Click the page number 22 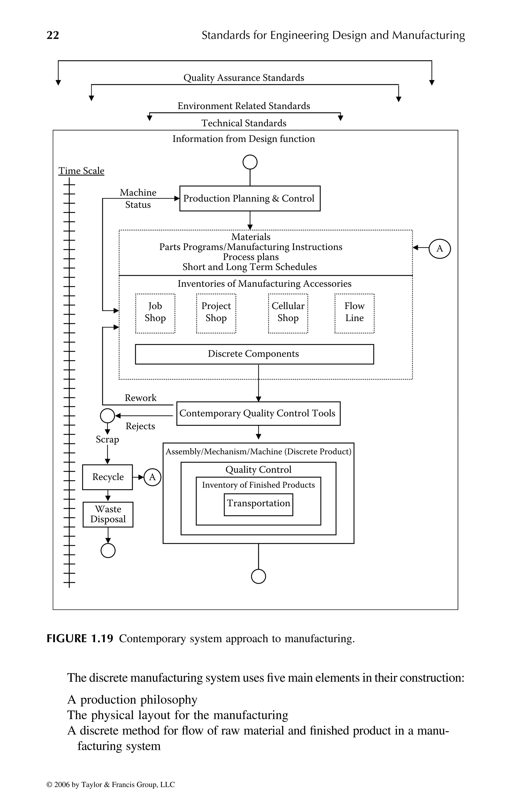coord(53,35)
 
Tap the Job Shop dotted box coord(155,313)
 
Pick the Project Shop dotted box coord(216,313)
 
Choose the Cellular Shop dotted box coord(288,313)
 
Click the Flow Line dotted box coord(354,313)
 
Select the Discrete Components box coord(254,354)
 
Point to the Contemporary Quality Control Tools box coord(258,413)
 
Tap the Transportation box coord(258,504)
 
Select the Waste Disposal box coord(108,514)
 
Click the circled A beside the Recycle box coord(152,477)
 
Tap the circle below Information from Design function coord(250,162)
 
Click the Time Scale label coord(81,171)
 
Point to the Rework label coord(140,398)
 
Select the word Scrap coord(107,439)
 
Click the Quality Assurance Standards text coord(244,78)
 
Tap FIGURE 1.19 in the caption coord(80,638)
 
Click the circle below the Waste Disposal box coord(108,551)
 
